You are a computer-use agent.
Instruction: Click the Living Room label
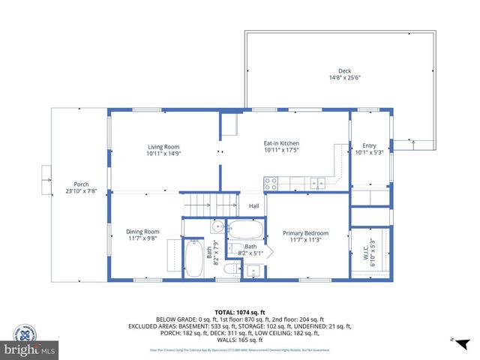(163, 147)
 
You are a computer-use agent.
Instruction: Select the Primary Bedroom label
(305, 232)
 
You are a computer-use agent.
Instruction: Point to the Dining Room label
(142, 232)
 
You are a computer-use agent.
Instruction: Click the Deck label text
(344, 70)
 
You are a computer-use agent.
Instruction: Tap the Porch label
(80, 184)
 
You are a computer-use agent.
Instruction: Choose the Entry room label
(369, 145)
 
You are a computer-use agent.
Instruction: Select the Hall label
(253, 206)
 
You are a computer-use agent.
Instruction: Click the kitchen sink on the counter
(317, 181)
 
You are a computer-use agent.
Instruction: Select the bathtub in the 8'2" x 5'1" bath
(245, 229)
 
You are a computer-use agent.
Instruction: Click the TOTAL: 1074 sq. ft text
(239, 312)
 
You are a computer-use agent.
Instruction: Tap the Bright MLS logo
(29, 349)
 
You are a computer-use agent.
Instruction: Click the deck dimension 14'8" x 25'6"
(344, 77)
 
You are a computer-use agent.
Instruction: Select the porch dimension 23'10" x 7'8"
(80, 191)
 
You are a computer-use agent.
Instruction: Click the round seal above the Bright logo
(28, 333)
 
